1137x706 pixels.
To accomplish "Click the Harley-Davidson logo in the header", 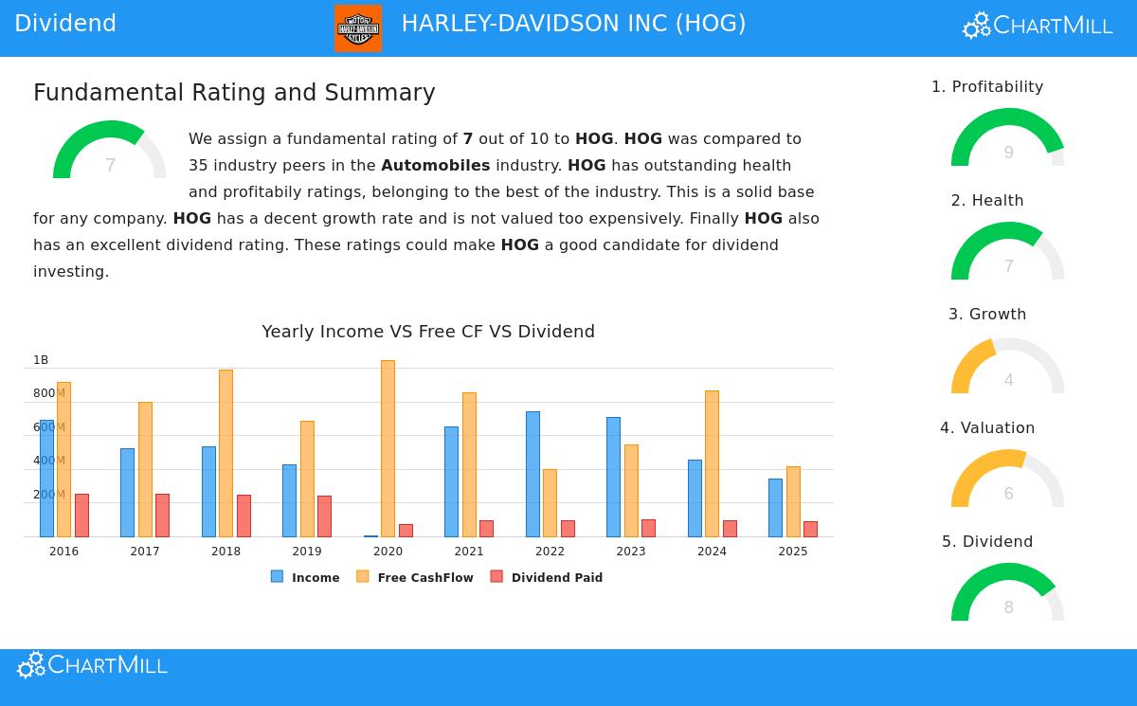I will [358, 27].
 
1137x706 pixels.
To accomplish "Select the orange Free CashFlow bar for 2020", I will [388, 448].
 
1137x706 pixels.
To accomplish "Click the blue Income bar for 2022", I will [532, 474].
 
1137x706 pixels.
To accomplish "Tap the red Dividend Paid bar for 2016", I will [81, 515].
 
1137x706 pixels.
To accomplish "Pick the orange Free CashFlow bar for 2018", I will [226, 453].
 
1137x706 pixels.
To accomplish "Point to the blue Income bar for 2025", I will [775, 507].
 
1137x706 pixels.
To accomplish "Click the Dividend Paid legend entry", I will [547, 577].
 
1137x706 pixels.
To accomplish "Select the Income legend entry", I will [305, 577].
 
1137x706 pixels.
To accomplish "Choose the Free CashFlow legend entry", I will [415, 577].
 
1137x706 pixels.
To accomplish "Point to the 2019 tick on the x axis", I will [307, 552].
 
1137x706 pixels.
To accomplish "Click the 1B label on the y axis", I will [41, 360].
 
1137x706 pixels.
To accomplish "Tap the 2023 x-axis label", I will [631, 552].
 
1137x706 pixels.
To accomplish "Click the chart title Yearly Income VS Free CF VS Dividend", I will [428, 332].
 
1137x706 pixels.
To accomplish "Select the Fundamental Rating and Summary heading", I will [234, 93].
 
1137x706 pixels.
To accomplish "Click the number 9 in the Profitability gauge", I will [1008, 153].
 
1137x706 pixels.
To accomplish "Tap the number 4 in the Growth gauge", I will [1008, 380].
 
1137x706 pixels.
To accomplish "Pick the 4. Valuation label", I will [987, 428].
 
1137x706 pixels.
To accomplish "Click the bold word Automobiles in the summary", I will [435, 166].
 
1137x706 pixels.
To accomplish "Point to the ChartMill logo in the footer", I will [92, 665].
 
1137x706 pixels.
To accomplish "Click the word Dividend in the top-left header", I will [65, 24].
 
